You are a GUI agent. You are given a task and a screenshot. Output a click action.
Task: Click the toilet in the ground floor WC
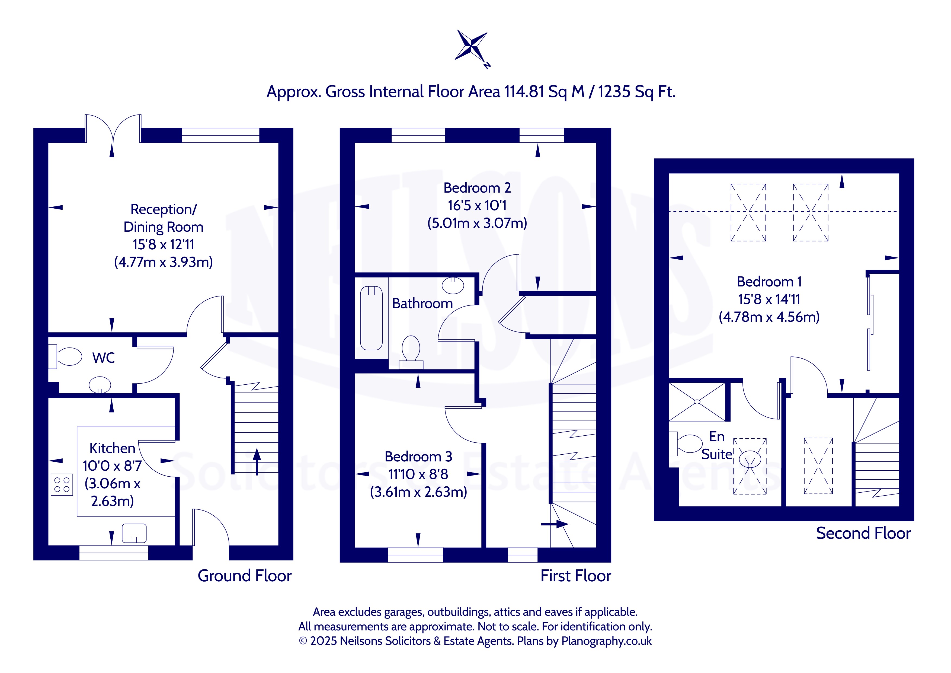tap(65, 356)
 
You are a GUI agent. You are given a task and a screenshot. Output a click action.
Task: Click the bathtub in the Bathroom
tap(371, 318)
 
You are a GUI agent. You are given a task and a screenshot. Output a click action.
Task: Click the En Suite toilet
tap(686, 444)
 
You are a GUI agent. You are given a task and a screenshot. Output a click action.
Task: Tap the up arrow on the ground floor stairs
tap(257, 461)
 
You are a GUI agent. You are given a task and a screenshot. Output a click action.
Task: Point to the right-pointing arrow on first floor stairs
tap(555, 524)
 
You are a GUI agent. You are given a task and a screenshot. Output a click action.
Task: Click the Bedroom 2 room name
tap(477, 188)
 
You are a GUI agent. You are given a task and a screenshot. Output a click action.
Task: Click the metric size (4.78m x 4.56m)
tap(769, 317)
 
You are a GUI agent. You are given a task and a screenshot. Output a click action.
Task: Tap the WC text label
tap(104, 358)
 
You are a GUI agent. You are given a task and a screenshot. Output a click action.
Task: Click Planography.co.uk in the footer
tap(606, 641)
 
